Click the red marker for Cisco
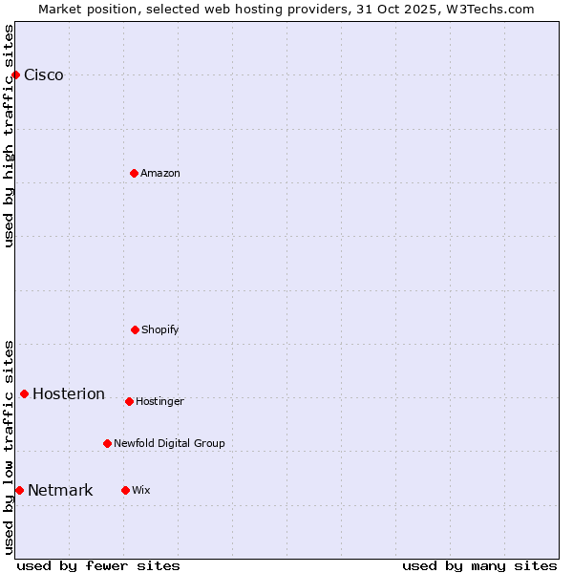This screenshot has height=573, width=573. pos(15,74)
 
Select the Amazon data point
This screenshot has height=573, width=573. pos(134,173)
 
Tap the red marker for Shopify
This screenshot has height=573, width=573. pos(135,329)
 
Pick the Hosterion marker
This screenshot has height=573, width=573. pos(24,393)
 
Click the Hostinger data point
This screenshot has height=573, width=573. pos(129,401)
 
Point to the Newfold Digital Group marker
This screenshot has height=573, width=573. pos(107,443)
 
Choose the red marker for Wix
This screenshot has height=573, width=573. pos(125,490)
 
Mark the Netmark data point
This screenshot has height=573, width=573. pos(19,490)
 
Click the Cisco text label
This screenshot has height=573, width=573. pos(44,75)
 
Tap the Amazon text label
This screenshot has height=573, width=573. pos(160,173)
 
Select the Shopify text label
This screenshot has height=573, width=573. pos(160,329)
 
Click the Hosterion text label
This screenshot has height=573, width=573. pos(69,394)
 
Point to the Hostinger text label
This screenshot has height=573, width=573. pos(159,401)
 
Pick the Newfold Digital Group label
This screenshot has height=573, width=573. pos(169,443)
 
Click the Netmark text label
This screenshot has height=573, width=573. pos(60,491)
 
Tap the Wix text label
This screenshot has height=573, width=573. pos(141,490)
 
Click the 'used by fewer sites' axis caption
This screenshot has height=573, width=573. pos(98,565)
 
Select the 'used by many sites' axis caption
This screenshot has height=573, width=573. pos(479,565)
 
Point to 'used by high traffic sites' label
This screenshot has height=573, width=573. pos(9,136)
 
